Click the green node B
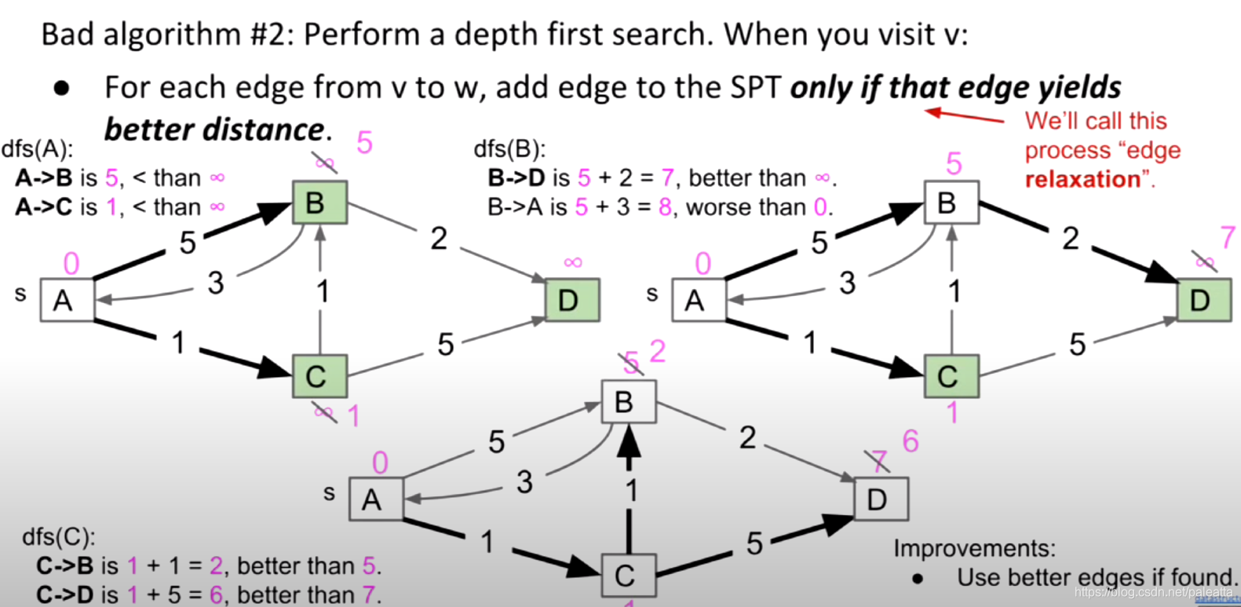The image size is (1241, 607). tap(319, 203)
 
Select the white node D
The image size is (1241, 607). tap(881, 499)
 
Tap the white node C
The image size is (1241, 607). tap(628, 576)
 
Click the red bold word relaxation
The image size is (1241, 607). tap(1082, 180)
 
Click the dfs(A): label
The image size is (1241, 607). tap(37, 149)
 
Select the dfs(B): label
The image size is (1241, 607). tap(509, 149)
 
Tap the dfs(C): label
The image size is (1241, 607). tap(58, 537)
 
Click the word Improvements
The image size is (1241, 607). tap(973, 548)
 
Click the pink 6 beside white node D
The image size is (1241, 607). tap(911, 441)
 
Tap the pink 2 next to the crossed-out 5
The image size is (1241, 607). tap(658, 351)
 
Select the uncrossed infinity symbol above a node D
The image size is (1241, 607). tap(573, 262)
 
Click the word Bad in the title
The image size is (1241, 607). tap(67, 35)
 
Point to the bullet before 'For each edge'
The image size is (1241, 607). tap(61, 88)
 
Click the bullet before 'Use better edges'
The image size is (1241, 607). tap(917, 579)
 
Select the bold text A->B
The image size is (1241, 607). tap(43, 178)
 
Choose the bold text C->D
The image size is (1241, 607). tap(64, 594)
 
